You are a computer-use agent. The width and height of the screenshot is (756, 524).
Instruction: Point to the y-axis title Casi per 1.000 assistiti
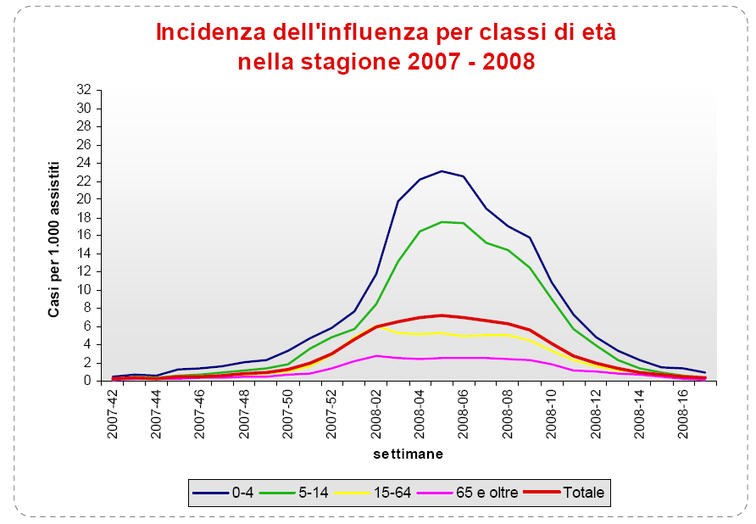[54, 238]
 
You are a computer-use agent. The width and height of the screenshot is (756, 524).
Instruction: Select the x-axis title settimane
[409, 454]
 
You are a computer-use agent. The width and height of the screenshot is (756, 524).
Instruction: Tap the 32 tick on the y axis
[83, 90]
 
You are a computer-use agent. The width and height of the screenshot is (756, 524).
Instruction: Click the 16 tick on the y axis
[83, 235]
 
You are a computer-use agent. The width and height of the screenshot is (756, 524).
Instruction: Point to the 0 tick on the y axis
[86, 381]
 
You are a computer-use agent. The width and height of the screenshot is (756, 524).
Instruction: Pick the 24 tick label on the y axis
[83, 163]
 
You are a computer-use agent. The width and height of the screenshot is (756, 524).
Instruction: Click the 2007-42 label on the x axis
[113, 415]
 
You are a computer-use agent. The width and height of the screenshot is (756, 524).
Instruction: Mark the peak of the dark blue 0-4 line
[442, 171]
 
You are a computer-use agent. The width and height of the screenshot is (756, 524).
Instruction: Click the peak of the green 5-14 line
[442, 222]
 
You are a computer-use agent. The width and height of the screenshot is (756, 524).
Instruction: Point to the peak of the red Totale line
[442, 315]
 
